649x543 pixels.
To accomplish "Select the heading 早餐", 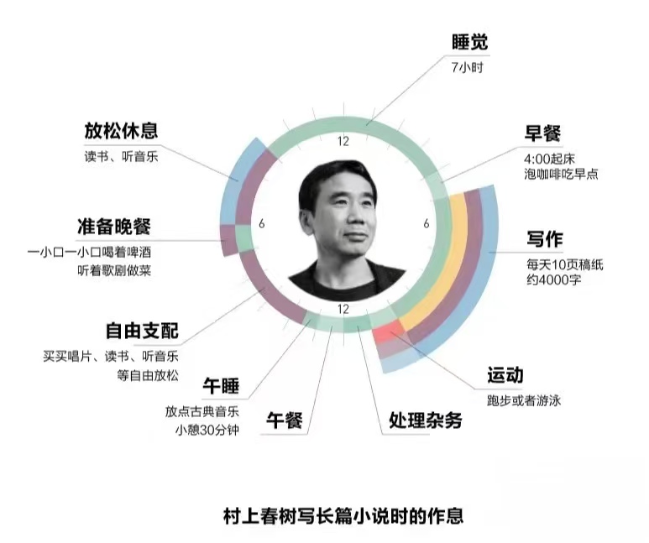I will [543, 133].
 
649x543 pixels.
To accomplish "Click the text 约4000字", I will [548, 279].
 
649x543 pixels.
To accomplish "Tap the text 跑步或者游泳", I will [524, 399].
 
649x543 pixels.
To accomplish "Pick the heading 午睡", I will [221, 387].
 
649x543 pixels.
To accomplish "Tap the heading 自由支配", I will [142, 331].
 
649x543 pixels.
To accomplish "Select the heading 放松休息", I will [120, 132].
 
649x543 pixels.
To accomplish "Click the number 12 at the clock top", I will [343, 141].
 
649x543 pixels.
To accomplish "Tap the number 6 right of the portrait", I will [426, 224].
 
